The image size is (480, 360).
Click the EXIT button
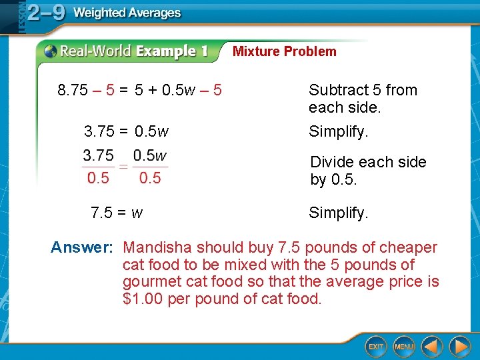coord(376,346)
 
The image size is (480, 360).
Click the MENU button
coord(404,346)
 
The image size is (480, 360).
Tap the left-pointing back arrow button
coord(432,346)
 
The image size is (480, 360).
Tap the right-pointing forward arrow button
coord(459,346)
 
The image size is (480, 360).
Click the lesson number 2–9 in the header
coord(45,13)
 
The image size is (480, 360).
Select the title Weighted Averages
coord(127,13)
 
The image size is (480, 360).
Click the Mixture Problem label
coord(285,51)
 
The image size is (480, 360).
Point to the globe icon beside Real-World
coord(50,51)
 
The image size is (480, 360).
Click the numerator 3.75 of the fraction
coord(98,155)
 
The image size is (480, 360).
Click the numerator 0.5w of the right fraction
coord(149,155)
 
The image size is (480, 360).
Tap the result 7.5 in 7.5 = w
coord(101,213)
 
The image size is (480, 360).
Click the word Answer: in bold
coord(82,248)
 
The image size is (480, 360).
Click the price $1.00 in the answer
coord(143,299)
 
